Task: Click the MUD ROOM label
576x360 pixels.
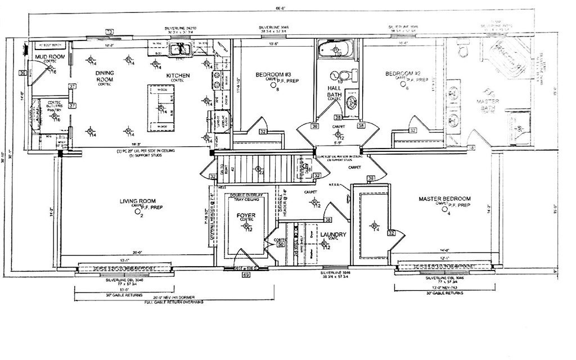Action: [48, 57]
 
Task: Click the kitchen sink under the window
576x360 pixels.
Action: [180, 51]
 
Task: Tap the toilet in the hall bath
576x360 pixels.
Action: [353, 75]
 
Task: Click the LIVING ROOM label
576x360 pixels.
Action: [137, 201]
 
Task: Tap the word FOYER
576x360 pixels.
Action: [246, 214]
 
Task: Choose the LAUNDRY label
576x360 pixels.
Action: [332, 235]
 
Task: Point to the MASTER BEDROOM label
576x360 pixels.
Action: [444, 199]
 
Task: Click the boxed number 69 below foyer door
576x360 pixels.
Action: [246, 275]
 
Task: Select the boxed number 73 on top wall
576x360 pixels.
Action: [110, 31]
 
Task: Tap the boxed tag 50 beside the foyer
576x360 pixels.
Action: [281, 244]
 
